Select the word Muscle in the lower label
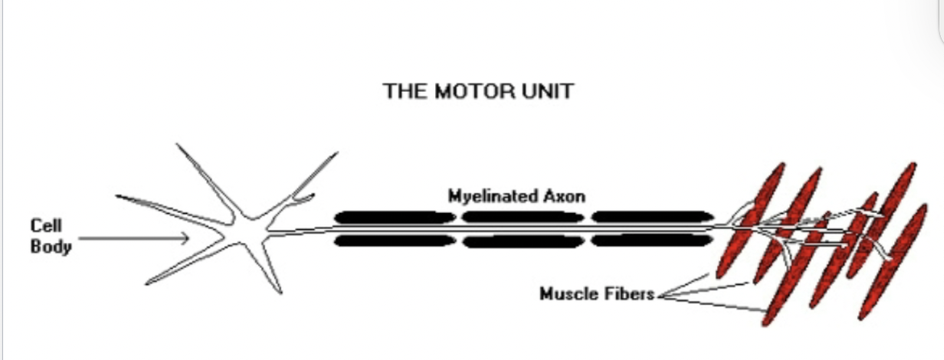click(x=568, y=293)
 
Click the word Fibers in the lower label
click(x=631, y=293)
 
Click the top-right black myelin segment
click(x=652, y=218)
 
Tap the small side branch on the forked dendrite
click(x=303, y=200)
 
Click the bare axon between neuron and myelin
click(x=303, y=231)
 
